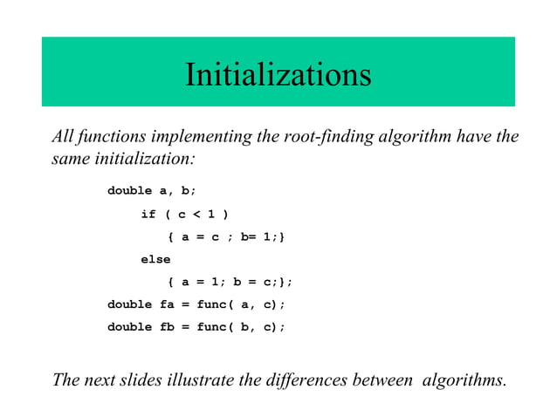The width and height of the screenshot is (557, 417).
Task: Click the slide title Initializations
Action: click(278, 75)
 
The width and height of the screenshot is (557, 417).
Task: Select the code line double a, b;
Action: click(151, 190)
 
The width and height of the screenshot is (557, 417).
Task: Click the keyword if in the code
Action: click(148, 214)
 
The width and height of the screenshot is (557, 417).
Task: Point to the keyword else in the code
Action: click(155, 259)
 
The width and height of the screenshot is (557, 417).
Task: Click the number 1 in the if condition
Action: click(211, 214)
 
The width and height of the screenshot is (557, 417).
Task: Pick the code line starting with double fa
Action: click(196, 304)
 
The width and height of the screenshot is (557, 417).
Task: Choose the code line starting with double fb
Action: click(196, 327)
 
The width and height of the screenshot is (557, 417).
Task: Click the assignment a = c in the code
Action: click(199, 236)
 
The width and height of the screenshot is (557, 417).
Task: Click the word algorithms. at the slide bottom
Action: click(464, 379)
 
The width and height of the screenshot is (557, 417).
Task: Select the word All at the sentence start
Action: click(64, 139)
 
